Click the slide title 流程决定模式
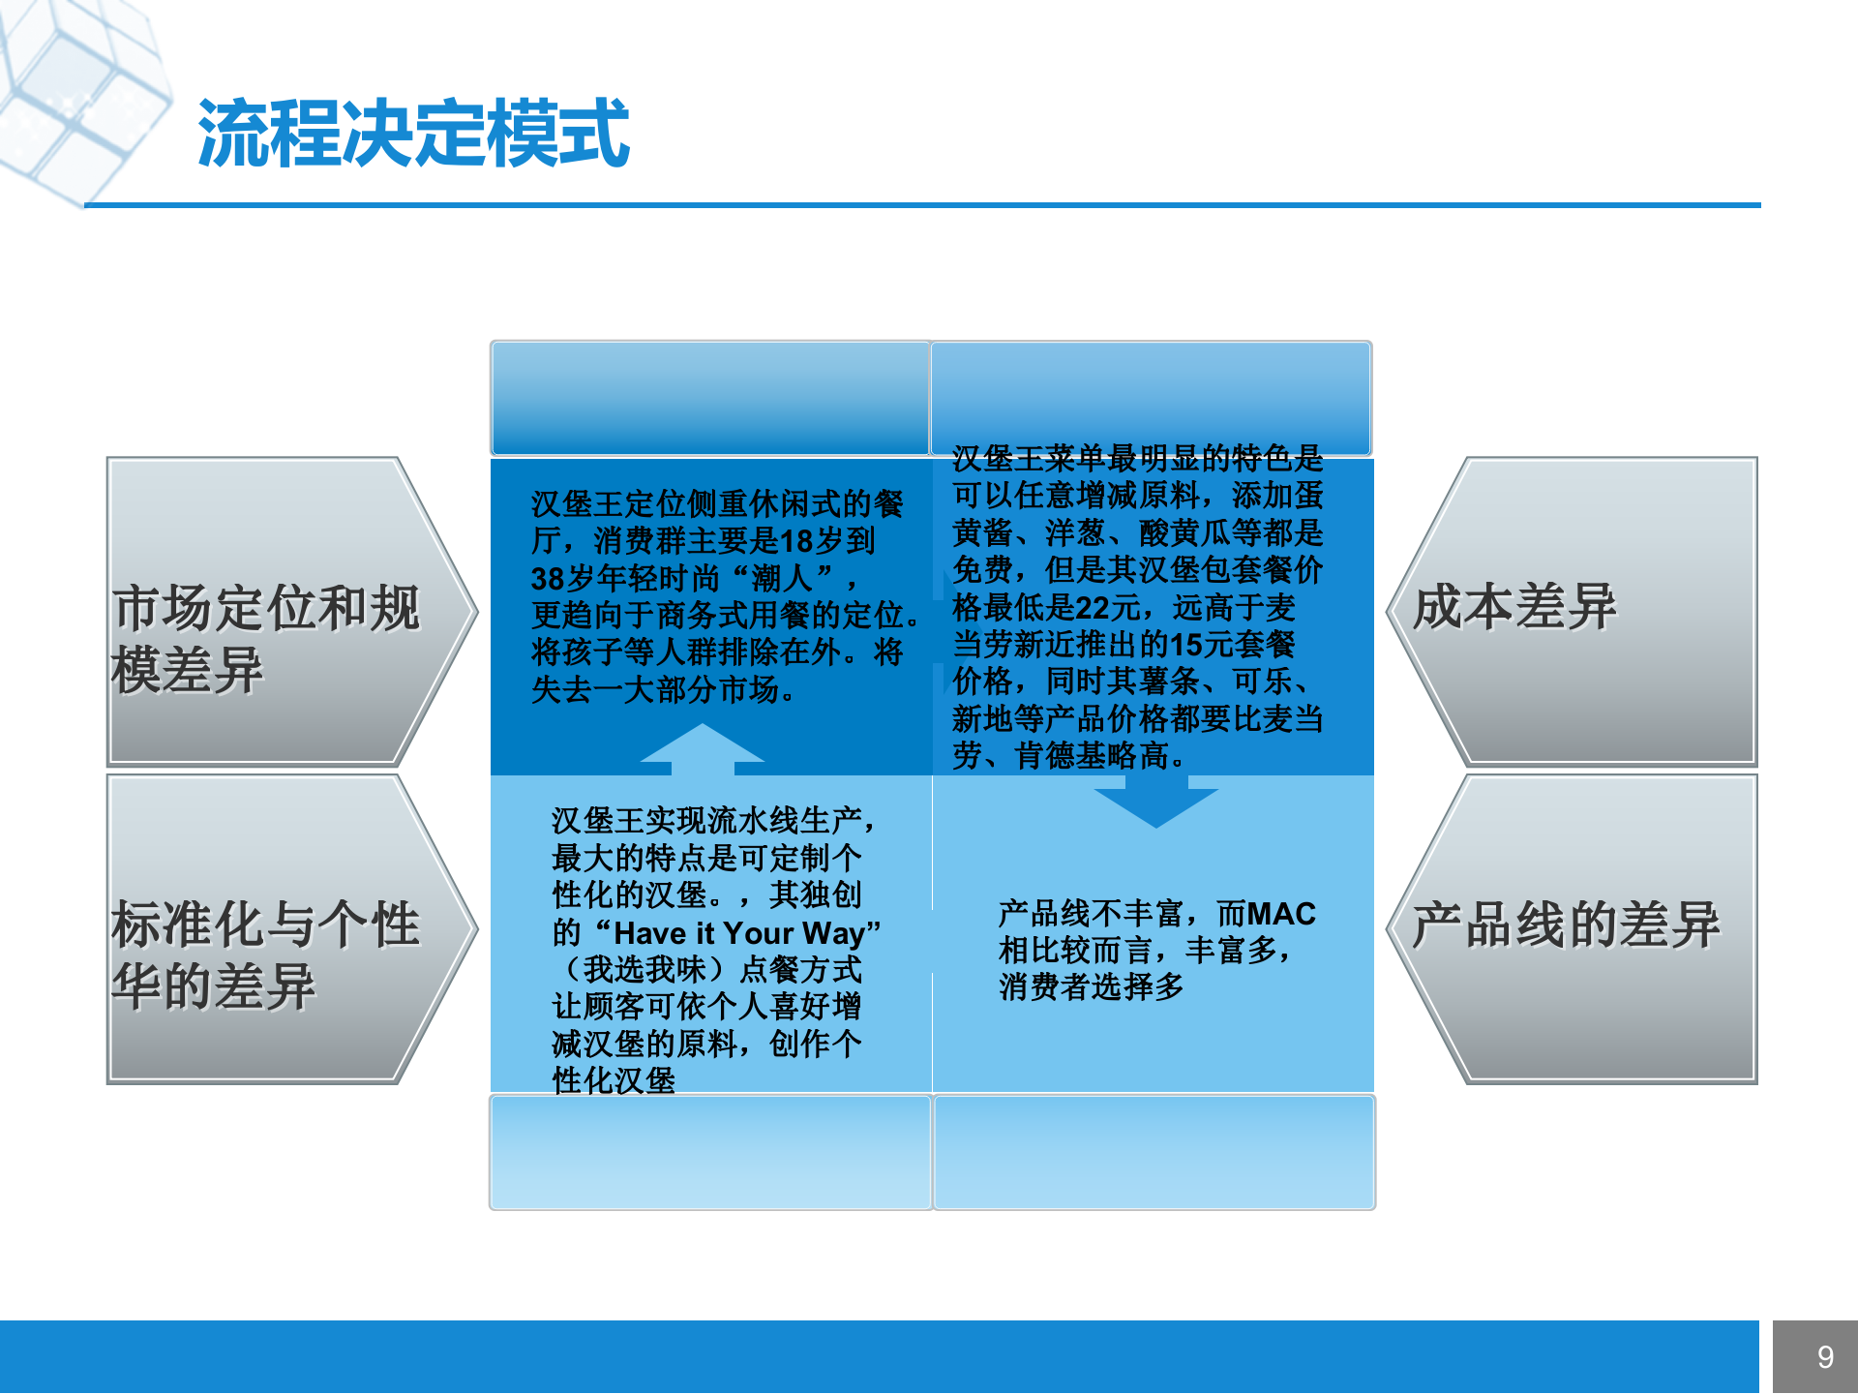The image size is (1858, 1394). [x=414, y=134]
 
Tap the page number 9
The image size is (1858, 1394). [x=1825, y=1357]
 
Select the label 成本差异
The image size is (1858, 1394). [x=1514, y=607]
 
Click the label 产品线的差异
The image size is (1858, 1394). [x=1565, y=924]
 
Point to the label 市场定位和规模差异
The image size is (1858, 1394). [x=266, y=638]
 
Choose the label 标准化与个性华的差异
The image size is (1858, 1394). [x=266, y=955]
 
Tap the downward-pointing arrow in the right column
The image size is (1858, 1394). [x=1155, y=804]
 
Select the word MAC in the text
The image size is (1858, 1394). [x=1281, y=914]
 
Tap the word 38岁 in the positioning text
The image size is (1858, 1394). [x=561, y=579]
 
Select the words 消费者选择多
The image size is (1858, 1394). [x=1092, y=987]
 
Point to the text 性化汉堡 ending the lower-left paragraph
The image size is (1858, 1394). [x=614, y=1080]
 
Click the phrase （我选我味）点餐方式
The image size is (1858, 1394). [x=706, y=970]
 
